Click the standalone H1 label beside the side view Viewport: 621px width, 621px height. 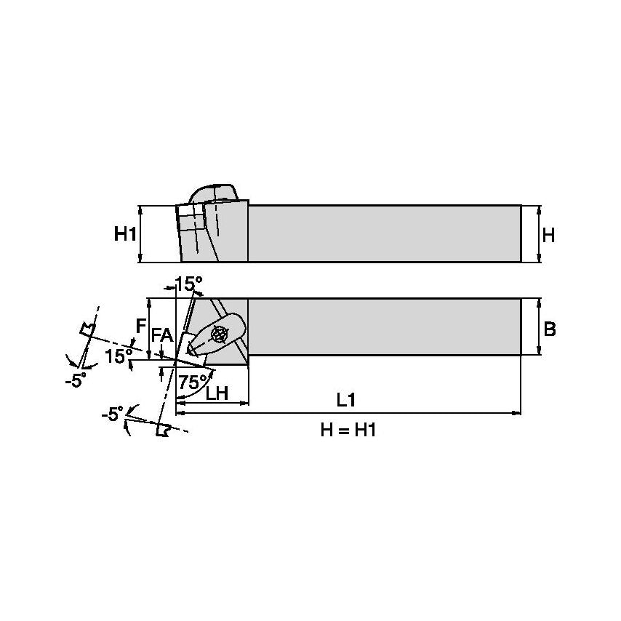point(125,233)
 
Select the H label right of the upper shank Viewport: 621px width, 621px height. point(548,236)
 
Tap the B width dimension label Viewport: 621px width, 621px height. point(550,329)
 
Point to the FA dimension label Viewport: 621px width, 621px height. point(162,336)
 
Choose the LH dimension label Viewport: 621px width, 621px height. point(217,393)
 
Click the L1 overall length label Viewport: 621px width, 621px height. point(346,400)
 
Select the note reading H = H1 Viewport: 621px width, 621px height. point(348,430)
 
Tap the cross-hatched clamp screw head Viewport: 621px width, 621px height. point(218,334)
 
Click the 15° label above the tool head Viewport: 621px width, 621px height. point(188,284)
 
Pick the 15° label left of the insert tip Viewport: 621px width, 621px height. point(119,356)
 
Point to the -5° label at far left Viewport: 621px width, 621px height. point(76,380)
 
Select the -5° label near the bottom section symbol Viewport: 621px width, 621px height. point(113,414)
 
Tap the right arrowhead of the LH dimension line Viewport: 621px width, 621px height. point(245,403)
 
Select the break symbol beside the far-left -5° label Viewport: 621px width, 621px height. point(88,329)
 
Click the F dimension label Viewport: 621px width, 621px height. point(140,326)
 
